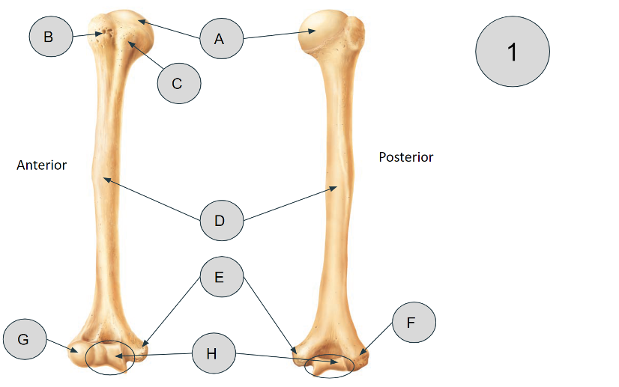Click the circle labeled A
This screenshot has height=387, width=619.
[222, 38]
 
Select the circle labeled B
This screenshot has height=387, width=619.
[51, 36]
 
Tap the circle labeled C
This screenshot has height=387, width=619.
[179, 83]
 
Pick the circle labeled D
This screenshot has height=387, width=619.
[222, 220]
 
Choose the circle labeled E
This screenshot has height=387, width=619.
[222, 276]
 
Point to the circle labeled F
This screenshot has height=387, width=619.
[414, 323]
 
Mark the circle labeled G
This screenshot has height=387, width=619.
[25, 339]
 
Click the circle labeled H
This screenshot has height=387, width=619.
[214, 353]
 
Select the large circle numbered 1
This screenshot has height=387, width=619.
[513, 52]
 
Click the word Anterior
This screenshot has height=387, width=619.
[41, 165]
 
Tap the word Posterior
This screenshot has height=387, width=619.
[406, 157]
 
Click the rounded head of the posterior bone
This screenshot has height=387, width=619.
[324, 31]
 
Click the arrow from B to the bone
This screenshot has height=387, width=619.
[88, 35]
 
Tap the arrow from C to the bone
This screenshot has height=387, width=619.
[145, 55]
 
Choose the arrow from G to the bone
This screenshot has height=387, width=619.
[62, 346]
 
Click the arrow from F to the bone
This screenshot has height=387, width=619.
[376, 338]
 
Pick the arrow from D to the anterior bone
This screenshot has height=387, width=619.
[152, 199]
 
